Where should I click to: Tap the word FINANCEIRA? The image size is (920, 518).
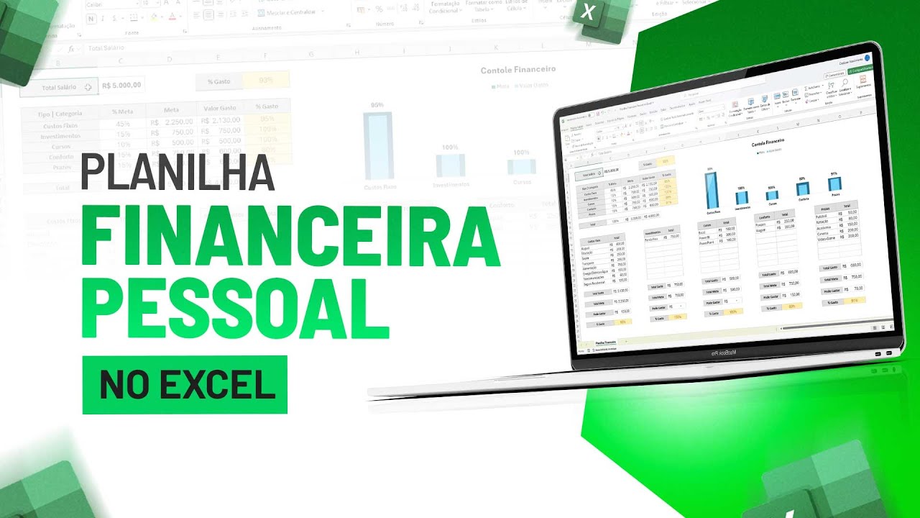[x=290, y=235]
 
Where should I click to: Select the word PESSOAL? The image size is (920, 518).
[x=236, y=301]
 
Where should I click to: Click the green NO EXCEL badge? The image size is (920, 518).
[x=185, y=385]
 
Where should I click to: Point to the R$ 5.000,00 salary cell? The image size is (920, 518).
[x=121, y=86]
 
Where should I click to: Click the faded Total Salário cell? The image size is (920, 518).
[x=59, y=87]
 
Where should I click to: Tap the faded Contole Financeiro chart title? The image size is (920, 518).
[x=517, y=70]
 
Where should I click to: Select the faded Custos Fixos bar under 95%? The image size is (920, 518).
[x=377, y=145]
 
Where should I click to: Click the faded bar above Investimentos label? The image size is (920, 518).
[x=450, y=165]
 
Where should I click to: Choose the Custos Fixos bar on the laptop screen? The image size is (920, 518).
[x=712, y=190]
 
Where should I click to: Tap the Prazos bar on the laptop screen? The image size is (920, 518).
[x=834, y=183]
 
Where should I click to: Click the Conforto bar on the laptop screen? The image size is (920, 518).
[x=802, y=188]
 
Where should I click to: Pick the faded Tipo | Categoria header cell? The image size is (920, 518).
[x=61, y=114]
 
